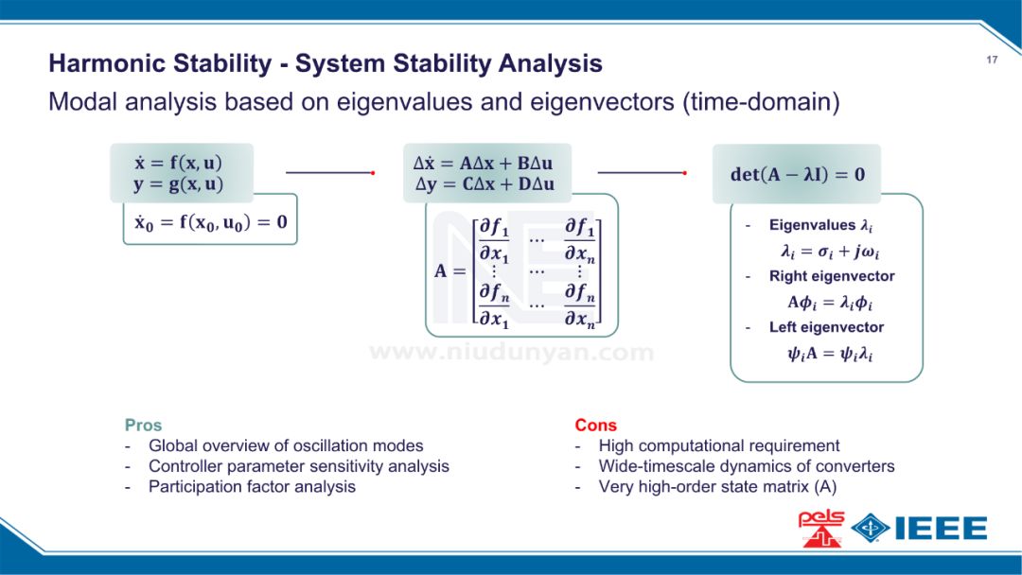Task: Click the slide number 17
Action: pos(992,61)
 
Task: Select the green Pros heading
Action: pos(143,426)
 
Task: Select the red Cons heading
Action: pos(595,426)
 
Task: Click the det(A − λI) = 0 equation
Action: pos(797,174)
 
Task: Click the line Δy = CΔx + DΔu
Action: pos(485,184)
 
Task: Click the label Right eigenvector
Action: pos(832,276)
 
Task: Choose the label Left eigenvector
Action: pos(826,327)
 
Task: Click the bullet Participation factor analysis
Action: pos(252,486)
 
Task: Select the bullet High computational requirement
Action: pos(718,445)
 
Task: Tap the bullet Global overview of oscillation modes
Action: pos(286,445)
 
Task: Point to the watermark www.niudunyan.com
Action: pos(511,353)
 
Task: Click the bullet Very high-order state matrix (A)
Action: pos(717,486)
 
